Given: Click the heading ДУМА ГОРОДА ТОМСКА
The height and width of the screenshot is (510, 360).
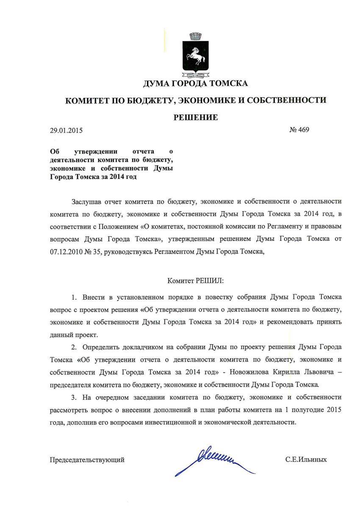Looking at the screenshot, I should [195, 84].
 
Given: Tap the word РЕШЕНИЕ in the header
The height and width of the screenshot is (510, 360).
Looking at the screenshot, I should [196, 117].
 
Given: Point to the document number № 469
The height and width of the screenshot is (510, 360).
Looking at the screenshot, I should [299, 130].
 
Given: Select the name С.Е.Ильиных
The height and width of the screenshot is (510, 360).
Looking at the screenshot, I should [306, 459].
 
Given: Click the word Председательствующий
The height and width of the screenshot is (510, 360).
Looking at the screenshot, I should [87, 459].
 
